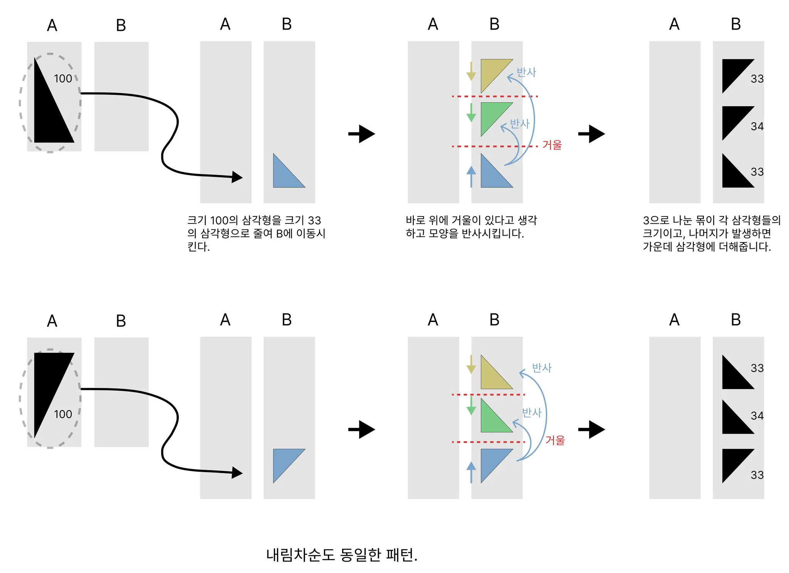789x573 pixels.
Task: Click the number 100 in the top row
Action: point(63,79)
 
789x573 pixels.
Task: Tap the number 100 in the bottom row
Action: point(63,414)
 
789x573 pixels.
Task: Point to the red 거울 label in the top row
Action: point(552,145)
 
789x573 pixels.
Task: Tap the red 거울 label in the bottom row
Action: point(555,440)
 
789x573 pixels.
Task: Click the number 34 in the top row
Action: point(757,126)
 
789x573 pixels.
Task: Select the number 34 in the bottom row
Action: point(757,416)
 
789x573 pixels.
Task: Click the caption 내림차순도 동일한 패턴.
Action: point(341,555)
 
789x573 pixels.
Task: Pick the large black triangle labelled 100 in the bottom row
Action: point(48,381)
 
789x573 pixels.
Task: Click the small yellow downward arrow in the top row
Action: point(471,71)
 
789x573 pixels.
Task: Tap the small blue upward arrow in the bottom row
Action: point(471,472)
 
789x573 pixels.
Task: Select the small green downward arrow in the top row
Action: point(471,113)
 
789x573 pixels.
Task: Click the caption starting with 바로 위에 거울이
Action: point(471,227)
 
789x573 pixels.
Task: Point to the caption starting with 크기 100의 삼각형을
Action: point(256,233)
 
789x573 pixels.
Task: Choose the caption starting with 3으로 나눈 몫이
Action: point(711,233)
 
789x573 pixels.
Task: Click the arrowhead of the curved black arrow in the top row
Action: point(237,177)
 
